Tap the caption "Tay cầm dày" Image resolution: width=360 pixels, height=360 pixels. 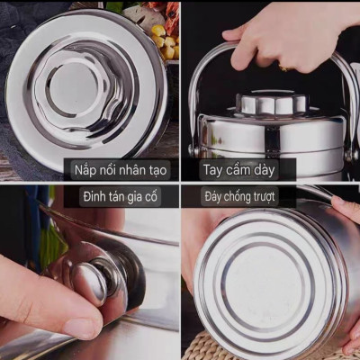click(238, 168)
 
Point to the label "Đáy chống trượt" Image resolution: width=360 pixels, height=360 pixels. click(239, 195)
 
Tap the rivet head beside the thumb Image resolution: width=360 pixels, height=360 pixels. click(100, 280)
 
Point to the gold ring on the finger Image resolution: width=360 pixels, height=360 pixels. click(284, 67)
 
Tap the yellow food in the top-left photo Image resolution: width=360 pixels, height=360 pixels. click(159, 36)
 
